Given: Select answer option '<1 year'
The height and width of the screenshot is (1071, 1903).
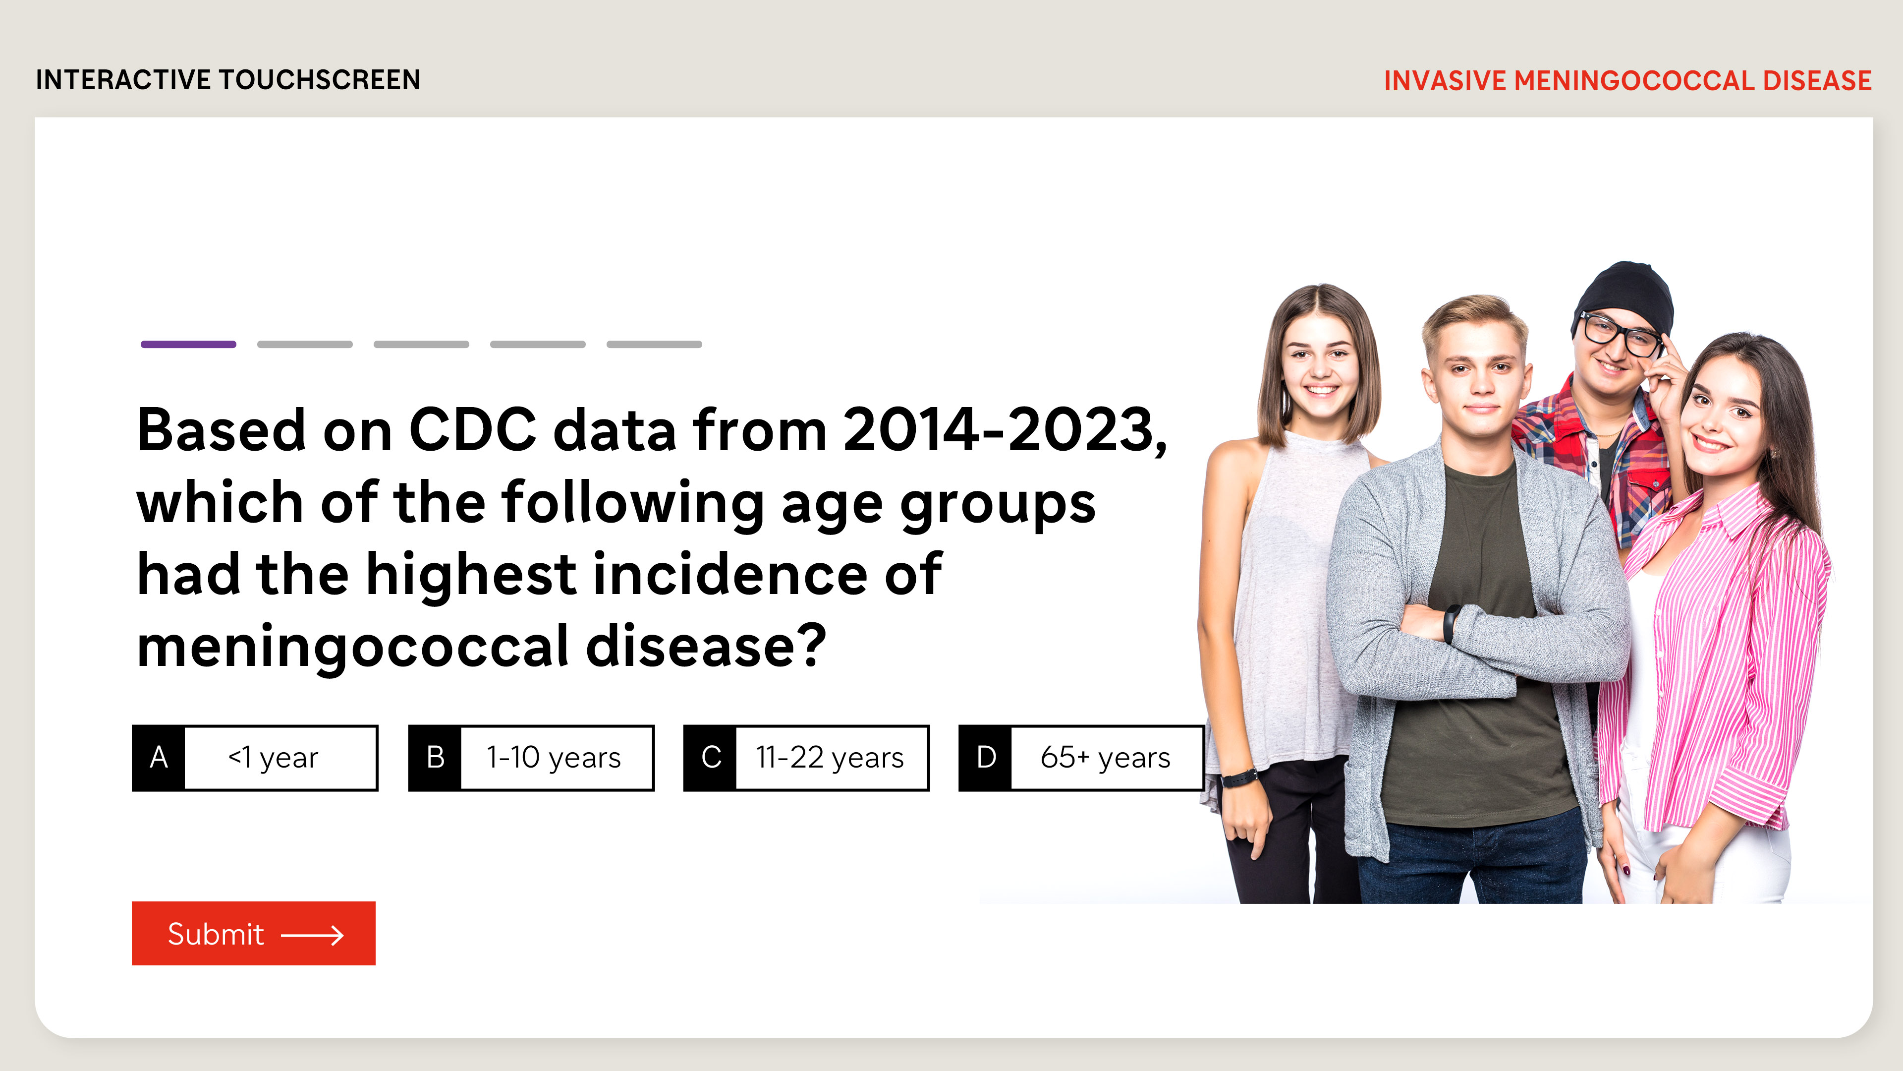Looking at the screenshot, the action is tap(255, 758).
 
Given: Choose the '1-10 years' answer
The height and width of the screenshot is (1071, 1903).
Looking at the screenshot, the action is tap(531, 758).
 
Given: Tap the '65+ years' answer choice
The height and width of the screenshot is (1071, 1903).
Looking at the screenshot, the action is tap(1081, 758).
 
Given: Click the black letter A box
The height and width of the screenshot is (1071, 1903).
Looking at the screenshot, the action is tap(158, 758).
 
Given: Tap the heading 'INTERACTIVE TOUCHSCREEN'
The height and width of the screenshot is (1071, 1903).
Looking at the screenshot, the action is tap(228, 80).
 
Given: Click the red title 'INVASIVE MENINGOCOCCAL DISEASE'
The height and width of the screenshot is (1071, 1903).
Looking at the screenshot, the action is tap(1627, 80).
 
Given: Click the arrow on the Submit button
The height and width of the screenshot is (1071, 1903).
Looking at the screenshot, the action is tap(313, 935).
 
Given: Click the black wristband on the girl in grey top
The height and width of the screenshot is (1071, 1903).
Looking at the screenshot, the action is tap(1239, 777).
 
